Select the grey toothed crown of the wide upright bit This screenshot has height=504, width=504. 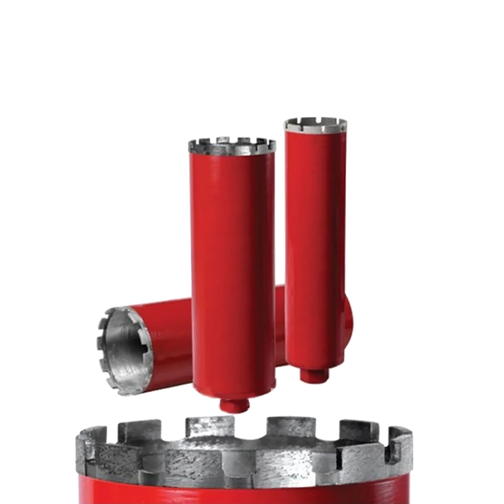tap(232, 147)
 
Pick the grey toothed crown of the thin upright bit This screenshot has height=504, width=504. tap(316, 124)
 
